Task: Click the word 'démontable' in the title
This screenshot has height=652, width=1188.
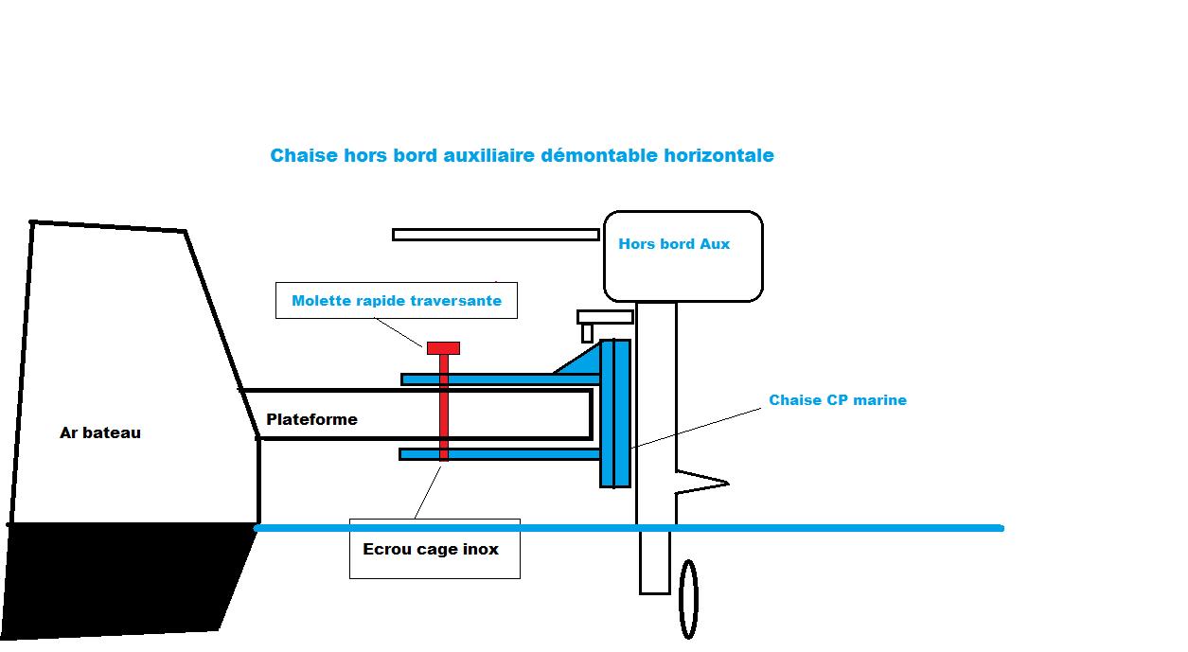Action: (600, 155)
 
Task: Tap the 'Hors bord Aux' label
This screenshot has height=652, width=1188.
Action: (674, 244)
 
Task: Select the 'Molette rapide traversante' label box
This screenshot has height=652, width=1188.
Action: (397, 301)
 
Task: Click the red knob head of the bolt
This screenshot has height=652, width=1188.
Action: (443, 348)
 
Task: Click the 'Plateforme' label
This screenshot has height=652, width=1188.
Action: (311, 419)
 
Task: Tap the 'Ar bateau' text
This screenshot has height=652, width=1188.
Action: (100, 432)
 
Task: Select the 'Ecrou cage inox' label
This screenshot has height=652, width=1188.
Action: (431, 549)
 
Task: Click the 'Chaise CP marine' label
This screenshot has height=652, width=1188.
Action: (838, 400)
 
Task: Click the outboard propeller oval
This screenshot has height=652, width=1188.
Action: (688, 600)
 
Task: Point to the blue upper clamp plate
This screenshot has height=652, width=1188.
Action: (501, 379)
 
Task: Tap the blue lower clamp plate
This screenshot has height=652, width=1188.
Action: (500, 454)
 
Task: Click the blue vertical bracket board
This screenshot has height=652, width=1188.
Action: (615, 414)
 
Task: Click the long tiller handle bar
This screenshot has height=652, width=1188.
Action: (496, 235)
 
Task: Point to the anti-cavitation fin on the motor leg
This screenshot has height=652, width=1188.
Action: (702, 483)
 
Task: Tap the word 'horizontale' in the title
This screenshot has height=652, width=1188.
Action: (719, 155)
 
